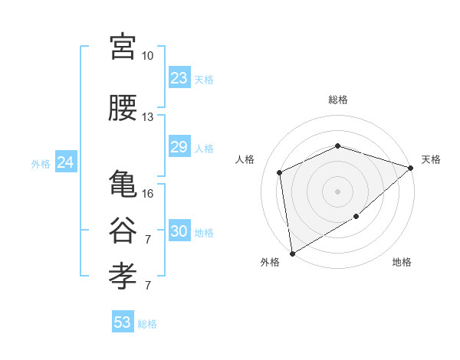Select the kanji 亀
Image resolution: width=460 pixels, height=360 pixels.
123,185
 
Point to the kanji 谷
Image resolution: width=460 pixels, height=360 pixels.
123,231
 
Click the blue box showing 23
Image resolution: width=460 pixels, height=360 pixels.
179,78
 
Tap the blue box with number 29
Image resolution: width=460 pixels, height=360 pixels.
179,147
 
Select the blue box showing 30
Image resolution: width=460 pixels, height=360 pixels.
179,231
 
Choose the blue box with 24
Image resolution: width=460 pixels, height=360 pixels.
66,162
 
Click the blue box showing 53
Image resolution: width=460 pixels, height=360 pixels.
123,322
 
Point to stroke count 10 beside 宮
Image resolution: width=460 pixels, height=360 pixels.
147,56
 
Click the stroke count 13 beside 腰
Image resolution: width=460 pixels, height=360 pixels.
147,117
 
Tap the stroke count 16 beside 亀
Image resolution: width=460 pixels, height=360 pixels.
147,194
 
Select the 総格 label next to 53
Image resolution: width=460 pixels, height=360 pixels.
147,324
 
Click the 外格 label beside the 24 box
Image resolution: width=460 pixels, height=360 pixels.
41,163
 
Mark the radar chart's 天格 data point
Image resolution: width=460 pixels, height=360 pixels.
412,168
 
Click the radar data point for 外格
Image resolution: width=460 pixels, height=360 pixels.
292,253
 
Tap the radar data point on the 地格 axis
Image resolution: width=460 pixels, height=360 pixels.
356,216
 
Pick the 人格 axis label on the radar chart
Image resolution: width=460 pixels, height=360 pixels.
245,159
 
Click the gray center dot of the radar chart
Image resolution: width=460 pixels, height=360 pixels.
337,191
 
